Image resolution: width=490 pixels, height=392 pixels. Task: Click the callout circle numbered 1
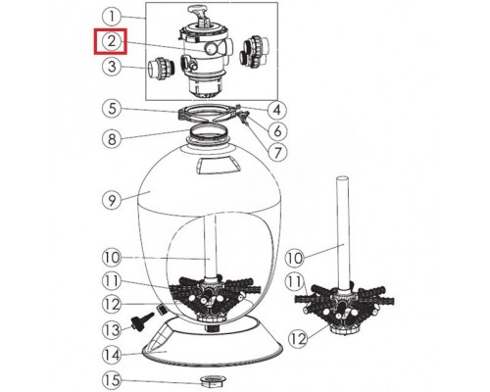pos(112,17)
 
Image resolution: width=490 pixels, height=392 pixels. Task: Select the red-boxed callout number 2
pos(112,41)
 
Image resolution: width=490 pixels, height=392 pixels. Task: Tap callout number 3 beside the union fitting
pos(112,67)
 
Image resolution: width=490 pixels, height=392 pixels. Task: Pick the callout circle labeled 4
pos(277,110)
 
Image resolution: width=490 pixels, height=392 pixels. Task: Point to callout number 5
pos(112,109)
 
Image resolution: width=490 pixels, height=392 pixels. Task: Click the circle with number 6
pos(277,131)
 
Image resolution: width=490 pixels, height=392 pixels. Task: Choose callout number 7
pos(277,152)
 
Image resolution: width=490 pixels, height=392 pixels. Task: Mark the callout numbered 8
pos(112,138)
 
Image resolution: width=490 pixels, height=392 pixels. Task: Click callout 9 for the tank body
pos(112,200)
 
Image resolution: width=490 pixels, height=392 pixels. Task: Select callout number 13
pos(112,330)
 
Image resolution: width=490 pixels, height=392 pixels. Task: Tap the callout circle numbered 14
pos(112,355)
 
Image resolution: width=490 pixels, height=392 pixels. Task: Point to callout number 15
pos(112,380)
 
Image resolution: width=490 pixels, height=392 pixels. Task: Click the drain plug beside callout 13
pos(142,319)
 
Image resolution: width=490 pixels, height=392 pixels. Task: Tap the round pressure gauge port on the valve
pos(211,49)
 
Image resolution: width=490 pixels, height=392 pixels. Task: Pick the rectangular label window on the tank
pos(219,166)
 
